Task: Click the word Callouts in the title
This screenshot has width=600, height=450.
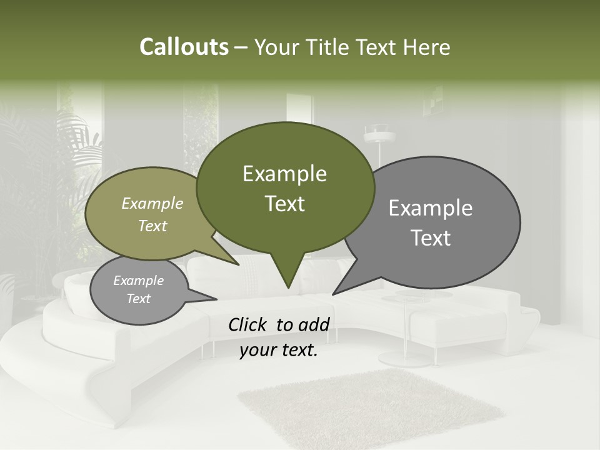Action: (x=184, y=47)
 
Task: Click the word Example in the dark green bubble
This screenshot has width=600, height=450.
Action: (x=284, y=174)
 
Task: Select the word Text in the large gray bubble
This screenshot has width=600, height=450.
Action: (x=431, y=238)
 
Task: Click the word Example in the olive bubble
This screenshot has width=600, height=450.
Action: (x=152, y=204)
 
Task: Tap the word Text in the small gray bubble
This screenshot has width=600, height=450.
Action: (x=139, y=299)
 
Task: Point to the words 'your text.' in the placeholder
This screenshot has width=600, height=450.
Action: (x=279, y=351)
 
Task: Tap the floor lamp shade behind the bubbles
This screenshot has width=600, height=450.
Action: (x=379, y=132)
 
